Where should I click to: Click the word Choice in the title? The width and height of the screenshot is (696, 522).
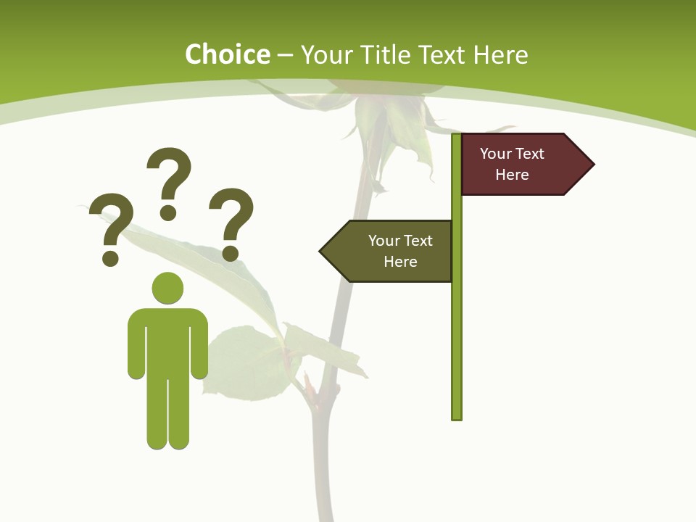[x=227, y=55]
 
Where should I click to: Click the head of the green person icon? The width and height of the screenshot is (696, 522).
[x=167, y=288]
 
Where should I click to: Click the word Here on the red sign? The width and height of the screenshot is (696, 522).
[x=512, y=175]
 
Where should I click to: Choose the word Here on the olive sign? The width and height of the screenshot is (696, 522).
[x=400, y=262]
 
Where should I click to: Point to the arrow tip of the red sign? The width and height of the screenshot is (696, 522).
[x=591, y=165]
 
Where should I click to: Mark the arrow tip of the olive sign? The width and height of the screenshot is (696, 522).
[x=323, y=252]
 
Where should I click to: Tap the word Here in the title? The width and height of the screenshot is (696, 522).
[x=500, y=55]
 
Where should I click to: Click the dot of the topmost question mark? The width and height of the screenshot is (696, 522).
[x=168, y=212]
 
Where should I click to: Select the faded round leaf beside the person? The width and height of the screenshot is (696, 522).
[x=243, y=362]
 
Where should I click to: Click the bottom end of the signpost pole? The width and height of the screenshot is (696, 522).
[x=456, y=416]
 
